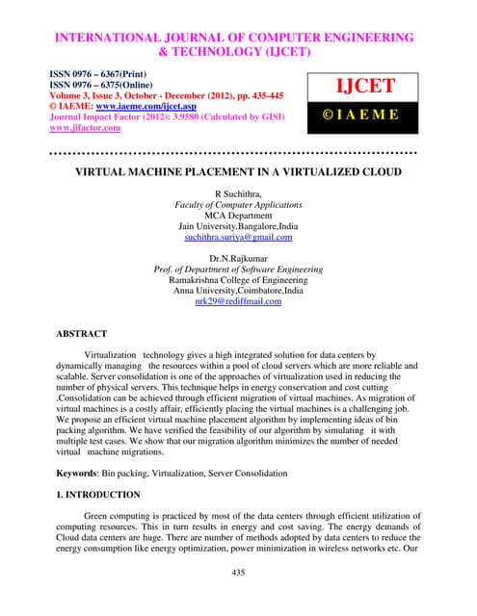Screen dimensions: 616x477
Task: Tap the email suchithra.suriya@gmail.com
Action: click(238, 236)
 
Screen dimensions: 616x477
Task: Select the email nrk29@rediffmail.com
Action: click(238, 301)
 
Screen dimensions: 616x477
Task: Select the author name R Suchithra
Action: click(238, 193)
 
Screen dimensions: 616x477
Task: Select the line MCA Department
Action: click(238, 215)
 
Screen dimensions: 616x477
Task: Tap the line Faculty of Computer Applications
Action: click(238, 204)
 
